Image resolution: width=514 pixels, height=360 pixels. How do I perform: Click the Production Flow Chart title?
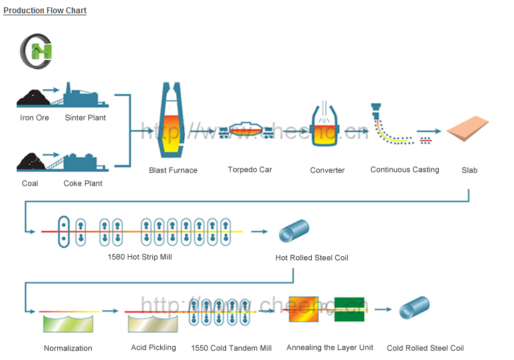[x=45, y=11]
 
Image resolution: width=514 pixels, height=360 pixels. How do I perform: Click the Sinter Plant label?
[x=85, y=118]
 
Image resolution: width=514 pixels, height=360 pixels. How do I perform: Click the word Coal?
[x=30, y=183]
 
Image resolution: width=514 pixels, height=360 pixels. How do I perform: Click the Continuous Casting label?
[x=404, y=170]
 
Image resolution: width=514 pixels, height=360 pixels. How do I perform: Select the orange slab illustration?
[x=469, y=130]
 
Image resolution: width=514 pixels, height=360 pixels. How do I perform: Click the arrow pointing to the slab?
[x=430, y=132]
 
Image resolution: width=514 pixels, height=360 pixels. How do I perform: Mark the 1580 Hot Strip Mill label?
[x=140, y=257]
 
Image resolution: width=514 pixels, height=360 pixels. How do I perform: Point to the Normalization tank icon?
[x=68, y=324]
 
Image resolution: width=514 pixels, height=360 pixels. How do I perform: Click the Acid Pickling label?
[x=154, y=347]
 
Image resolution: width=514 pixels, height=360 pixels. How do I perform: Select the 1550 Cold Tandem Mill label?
[x=231, y=348]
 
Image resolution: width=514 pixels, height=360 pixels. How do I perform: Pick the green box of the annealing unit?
[x=349, y=309]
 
